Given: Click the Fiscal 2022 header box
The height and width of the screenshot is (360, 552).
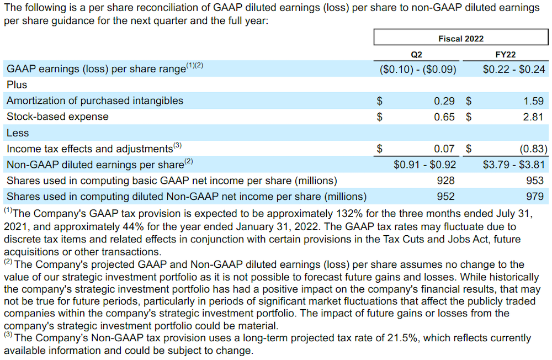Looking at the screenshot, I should point(461,38).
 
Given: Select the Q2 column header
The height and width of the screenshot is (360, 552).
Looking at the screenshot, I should point(417,54).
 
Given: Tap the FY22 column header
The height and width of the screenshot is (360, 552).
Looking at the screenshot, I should point(506,54).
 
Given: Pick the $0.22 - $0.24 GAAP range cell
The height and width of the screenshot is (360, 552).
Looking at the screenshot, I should point(513,70).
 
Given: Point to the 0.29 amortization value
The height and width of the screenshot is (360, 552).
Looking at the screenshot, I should point(444,101).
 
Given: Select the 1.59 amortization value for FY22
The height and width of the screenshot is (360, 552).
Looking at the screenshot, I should point(532,101).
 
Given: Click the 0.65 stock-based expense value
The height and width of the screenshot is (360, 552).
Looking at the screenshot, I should point(444,117).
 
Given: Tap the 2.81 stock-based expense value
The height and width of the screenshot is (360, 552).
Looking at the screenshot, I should point(532,117).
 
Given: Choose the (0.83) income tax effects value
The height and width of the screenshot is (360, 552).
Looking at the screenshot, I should point(530,149).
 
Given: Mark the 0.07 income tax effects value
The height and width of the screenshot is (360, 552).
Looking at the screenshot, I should point(444,149).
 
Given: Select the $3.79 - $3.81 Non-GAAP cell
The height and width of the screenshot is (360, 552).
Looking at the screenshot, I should point(513,165).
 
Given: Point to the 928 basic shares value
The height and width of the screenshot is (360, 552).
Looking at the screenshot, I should point(445,181).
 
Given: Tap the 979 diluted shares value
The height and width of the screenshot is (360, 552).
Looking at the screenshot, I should point(534,196).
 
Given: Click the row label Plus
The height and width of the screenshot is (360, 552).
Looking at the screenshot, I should point(17,85).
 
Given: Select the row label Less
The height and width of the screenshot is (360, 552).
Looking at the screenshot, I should point(18,133).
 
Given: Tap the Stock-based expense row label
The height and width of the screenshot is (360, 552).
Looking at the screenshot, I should point(57,117).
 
